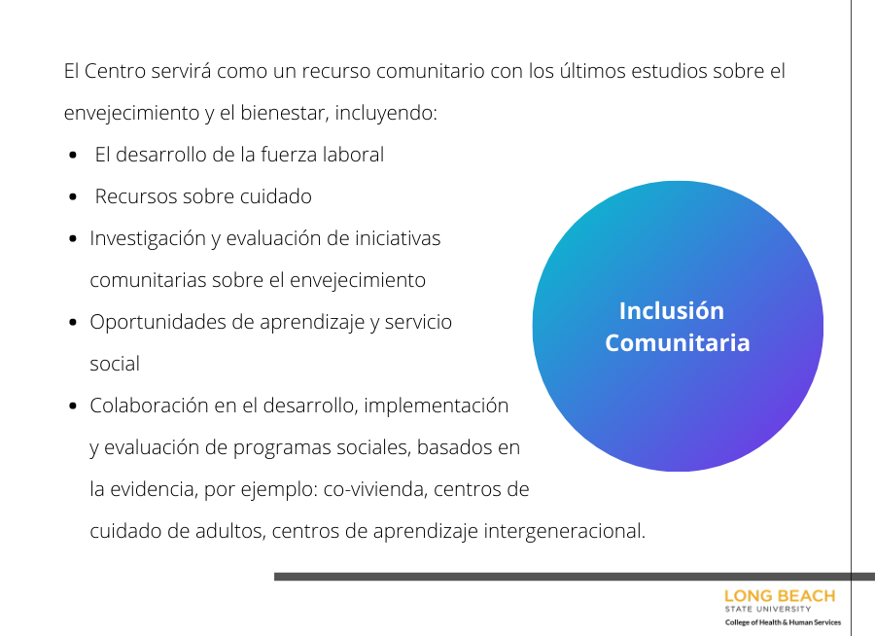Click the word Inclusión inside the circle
pos(671,310)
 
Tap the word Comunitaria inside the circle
pos(678,342)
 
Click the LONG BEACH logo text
pos(780,596)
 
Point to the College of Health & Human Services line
pos(783,622)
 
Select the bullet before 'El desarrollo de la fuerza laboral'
pos(73,155)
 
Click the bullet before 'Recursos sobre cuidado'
pos(73,196)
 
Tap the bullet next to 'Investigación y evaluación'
pos(73,238)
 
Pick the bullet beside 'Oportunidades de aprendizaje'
pos(73,322)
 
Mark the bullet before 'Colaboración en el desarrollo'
pos(73,406)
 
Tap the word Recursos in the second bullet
pos(135,196)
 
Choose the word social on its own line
pos(115,364)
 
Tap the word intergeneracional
pos(564,531)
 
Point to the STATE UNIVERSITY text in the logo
pos(768,609)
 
